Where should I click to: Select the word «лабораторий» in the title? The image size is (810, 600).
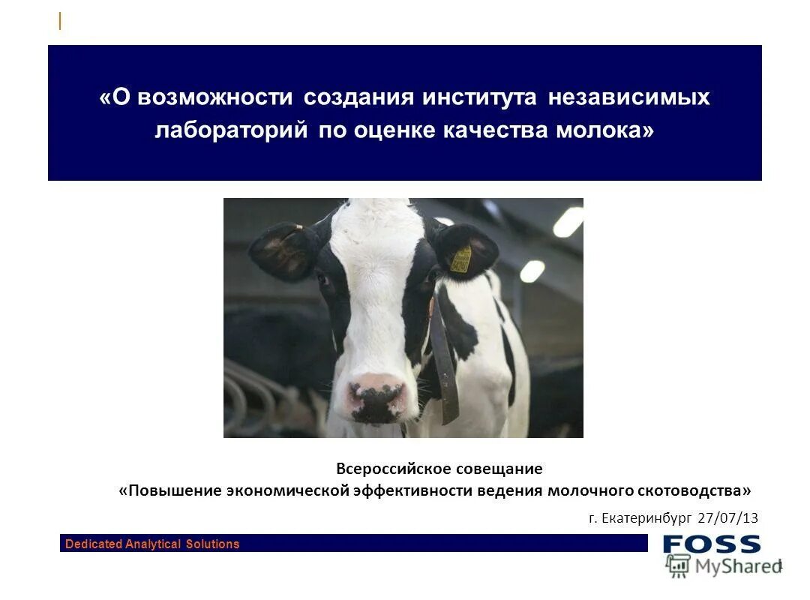click(x=232, y=130)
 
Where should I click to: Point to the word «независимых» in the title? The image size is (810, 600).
click(x=628, y=98)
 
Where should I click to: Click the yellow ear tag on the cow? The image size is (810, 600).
click(x=461, y=258)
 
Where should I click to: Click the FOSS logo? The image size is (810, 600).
click(x=711, y=544)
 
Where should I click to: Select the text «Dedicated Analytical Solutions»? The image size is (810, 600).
click(x=152, y=544)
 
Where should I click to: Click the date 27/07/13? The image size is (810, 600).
click(x=727, y=517)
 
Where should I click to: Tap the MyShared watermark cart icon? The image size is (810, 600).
click(x=678, y=565)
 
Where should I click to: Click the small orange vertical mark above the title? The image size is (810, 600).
click(x=60, y=22)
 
